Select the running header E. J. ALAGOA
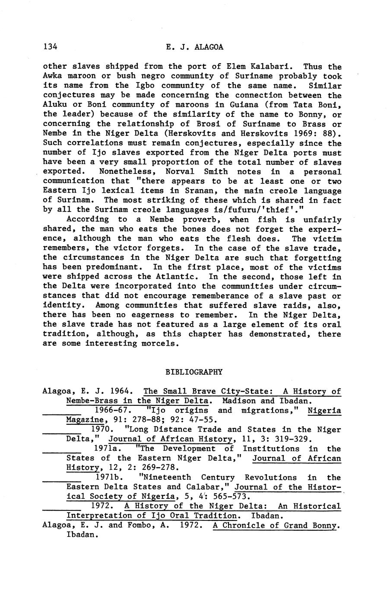194,47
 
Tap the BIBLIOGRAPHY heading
194,372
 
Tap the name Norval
180,172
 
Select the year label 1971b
109,478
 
